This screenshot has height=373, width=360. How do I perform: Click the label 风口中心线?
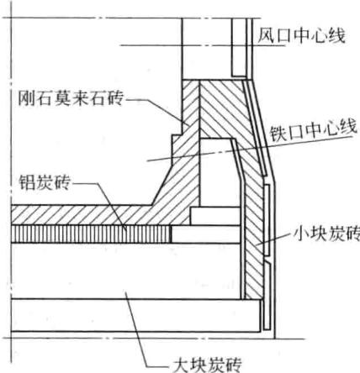pyautogui.click(x=301, y=35)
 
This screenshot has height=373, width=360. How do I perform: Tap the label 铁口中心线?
pyautogui.click(x=313, y=130)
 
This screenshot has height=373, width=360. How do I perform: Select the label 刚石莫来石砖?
pyautogui.click(x=71, y=97)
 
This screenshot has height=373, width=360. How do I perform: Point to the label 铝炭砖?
pyautogui.click(x=44, y=182)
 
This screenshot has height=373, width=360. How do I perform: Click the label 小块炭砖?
pyautogui.click(x=326, y=234)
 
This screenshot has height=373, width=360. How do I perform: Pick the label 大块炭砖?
pyautogui.click(x=207, y=364)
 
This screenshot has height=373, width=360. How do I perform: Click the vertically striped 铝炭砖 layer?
pyautogui.click(x=92, y=234)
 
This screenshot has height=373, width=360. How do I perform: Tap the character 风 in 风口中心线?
pyautogui.click(x=266, y=35)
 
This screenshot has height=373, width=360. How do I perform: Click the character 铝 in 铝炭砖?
pyautogui.click(x=27, y=182)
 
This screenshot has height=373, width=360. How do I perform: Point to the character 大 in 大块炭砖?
pyautogui.click(x=181, y=364)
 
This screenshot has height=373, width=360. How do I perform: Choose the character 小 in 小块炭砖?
pyautogui.click(x=301, y=234)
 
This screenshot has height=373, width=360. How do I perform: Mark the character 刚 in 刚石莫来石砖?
pyautogui.click(x=26, y=97)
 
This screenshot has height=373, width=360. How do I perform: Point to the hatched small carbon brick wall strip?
pyautogui.click(x=254, y=246)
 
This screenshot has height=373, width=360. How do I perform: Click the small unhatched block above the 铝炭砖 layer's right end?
pyautogui.click(x=215, y=216)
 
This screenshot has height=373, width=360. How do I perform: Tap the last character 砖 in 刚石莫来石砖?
pyautogui.click(x=114, y=97)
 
